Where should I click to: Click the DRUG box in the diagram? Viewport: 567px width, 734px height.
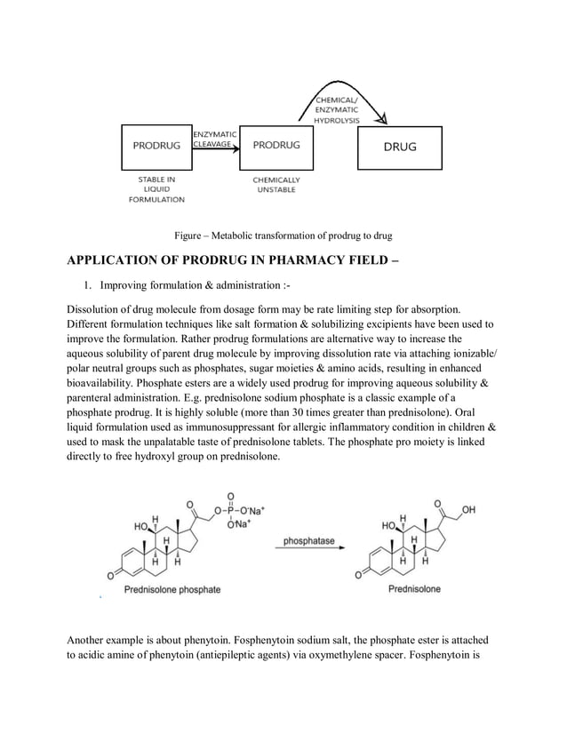point(399,148)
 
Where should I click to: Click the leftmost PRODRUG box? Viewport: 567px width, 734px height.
point(156,148)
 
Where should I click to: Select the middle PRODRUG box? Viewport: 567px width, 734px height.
point(276,146)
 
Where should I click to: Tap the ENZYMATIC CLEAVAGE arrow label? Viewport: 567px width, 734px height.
point(214,138)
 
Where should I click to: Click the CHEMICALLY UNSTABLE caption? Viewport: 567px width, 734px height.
point(276,185)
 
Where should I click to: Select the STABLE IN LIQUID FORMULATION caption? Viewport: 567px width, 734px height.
point(156,189)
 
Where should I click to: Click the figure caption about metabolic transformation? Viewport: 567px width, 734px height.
point(283,235)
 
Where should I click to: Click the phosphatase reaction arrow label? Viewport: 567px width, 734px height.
point(310,540)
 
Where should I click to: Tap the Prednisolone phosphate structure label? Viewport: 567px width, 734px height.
point(172,589)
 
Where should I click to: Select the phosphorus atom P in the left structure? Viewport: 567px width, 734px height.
point(231,510)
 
